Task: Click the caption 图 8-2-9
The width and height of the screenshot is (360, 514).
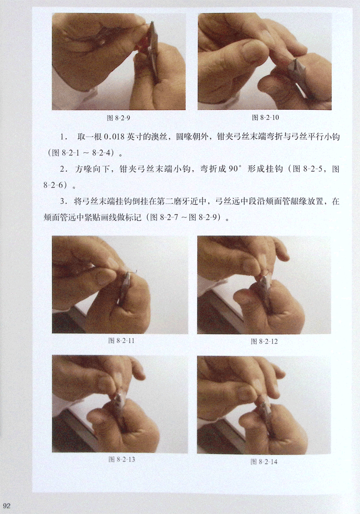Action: point(119,118)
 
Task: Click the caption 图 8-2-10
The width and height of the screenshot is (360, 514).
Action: point(265,117)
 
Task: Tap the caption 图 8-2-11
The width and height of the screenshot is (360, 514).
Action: point(121,341)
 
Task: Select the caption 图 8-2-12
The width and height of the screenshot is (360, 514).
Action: point(264,341)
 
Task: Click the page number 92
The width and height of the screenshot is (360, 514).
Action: point(7,506)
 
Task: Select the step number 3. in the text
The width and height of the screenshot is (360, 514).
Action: point(63,201)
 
